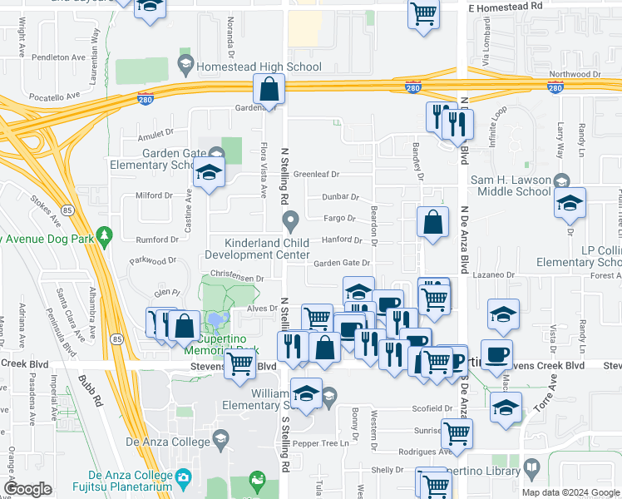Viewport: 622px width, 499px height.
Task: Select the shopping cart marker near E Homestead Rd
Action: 424,13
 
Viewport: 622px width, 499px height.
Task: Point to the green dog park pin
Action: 104,239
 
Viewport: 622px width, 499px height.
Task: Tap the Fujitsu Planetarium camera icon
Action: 183,477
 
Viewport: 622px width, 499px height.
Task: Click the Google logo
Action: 28,490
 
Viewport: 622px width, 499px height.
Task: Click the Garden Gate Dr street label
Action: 341,263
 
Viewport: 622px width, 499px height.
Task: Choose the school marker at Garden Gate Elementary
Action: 208,172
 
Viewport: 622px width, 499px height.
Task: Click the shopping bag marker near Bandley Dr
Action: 432,223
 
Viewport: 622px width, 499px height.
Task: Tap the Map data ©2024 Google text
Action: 570,492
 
